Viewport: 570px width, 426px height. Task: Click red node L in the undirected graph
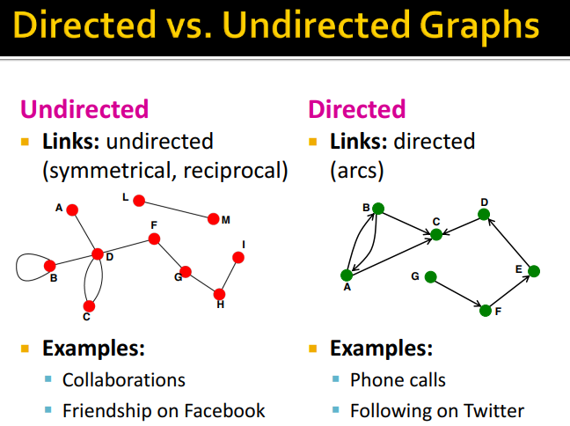[139, 201]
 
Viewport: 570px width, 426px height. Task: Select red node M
[214, 219]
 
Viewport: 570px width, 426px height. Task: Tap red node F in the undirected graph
[154, 239]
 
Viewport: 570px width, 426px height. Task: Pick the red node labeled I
[238, 258]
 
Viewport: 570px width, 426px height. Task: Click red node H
[219, 294]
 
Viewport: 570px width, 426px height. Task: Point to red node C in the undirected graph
[89, 306]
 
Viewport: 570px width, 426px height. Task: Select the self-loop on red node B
[17, 268]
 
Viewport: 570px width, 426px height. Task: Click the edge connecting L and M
[176, 209]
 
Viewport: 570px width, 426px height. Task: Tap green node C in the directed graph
[436, 235]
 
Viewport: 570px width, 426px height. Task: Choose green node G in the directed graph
[430, 277]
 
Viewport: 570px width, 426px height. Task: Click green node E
[534, 271]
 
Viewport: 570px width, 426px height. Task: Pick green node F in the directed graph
[486, 311]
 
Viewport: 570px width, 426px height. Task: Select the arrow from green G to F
[457, 293]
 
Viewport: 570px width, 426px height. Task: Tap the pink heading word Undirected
[84, 109]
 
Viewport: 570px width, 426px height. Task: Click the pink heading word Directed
[356, 109]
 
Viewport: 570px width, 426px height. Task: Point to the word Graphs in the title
[479, 26]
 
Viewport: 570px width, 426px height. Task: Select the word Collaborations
[124, 380]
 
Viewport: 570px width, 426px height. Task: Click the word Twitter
[493, 411]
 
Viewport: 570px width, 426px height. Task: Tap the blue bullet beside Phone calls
[335, 379]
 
